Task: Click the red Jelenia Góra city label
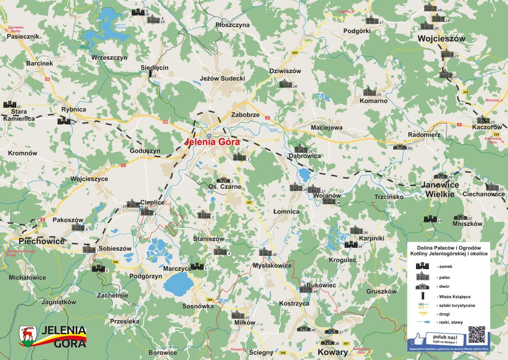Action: coord(212,143)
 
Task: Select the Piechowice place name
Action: coord(42,241)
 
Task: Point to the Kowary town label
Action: coord(333,352)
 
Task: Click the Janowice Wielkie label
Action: coord(440,189)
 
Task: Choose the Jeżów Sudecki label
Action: coord(223,79)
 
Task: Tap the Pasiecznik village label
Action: coord(23,37)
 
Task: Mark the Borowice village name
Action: coord(163,352)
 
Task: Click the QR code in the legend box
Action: coord(477,335)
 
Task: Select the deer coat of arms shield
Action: coord(28,335)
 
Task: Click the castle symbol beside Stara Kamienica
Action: coord(9,105)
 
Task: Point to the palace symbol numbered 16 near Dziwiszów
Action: coord(285,84)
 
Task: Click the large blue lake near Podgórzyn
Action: coord(178,284)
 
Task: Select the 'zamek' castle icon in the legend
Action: coord(423,266)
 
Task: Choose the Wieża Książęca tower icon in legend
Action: coord(423,295)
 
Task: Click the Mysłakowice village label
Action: coord(272,265)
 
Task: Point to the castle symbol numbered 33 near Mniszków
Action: coord(430,219)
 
